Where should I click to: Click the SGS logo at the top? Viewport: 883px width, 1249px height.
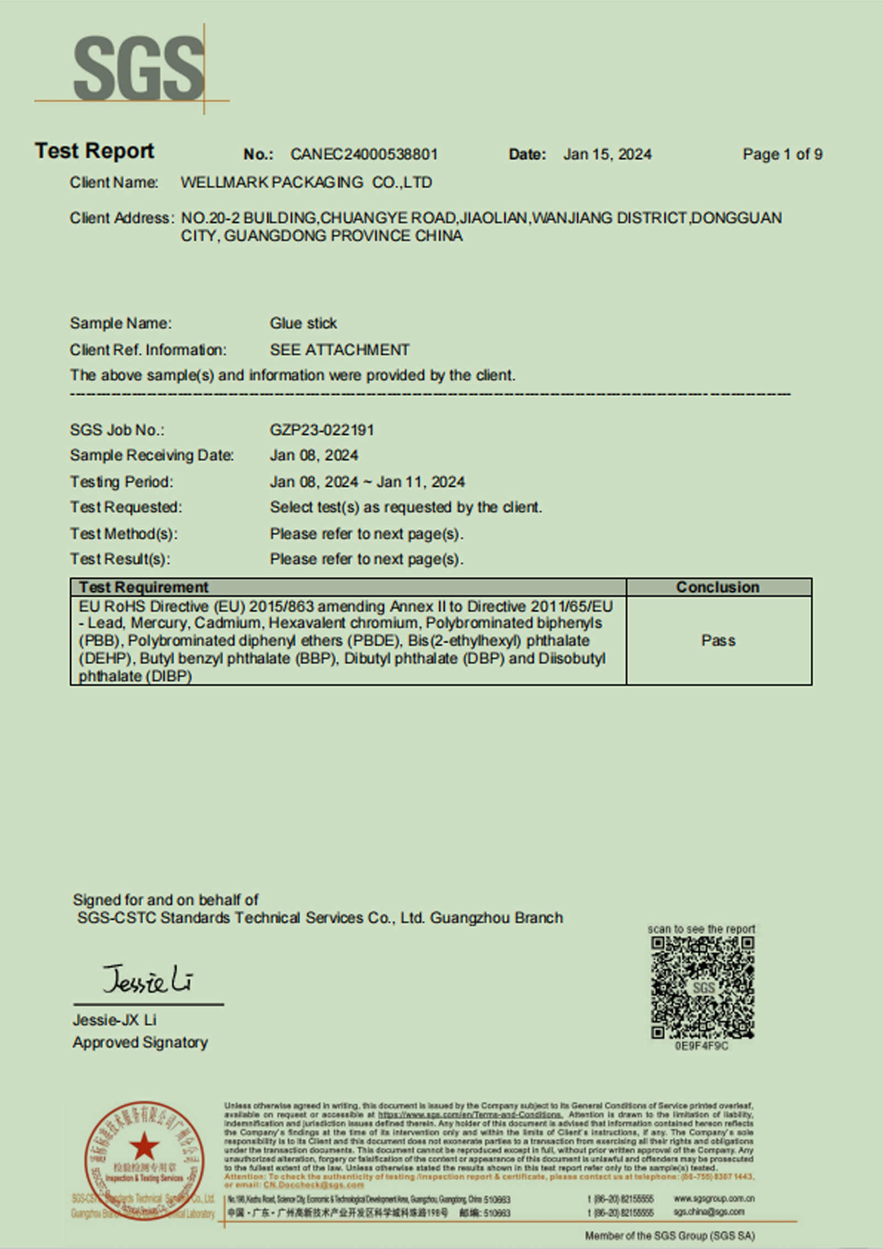tap(139, 68)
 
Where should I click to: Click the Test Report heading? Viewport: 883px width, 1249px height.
tap(94, 151)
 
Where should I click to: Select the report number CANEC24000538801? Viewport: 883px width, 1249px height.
tap(364, 155)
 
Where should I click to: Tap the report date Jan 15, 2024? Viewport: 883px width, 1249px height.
tap(607, 155)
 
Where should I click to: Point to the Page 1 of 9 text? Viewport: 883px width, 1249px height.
tap(782, 155)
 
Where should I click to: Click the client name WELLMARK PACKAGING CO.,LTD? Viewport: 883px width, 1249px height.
tap(306, 183)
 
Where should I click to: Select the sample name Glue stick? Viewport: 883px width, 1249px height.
tap(303, 323)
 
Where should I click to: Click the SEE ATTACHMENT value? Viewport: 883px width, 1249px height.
tap(339, 350)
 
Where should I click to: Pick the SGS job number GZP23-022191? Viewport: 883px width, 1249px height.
tap(322, 430)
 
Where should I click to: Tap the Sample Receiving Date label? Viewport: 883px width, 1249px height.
tap(152, 455)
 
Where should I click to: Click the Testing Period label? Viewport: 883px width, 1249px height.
tap(121, 482)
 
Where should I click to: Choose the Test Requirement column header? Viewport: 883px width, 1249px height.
tap(143, 587)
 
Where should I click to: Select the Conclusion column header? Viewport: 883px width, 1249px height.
tap(718, 587)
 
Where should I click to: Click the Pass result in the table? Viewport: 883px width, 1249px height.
tap(718, 641)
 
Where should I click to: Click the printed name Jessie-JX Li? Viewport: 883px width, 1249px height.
tap(114, 1020)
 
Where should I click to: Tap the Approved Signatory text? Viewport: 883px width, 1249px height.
tap(140, 1043)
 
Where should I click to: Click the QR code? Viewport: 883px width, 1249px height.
tap(702, 987)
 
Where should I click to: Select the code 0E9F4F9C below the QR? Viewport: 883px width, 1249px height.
tap(701, 1046)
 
